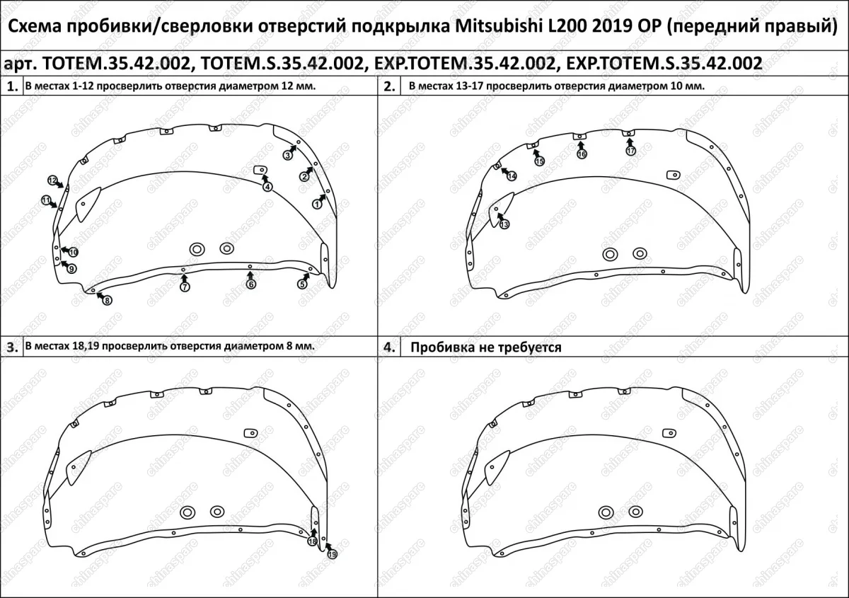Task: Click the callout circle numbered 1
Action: point(317,204)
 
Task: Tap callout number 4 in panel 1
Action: point(267,187)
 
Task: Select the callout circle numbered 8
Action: point(107,300)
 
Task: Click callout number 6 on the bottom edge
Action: point(250,284)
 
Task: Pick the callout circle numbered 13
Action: point(504,224)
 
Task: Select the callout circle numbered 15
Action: point(539,161)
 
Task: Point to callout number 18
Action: point(311,541)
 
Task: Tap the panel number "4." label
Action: point(389,348)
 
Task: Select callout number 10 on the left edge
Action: point(73,252)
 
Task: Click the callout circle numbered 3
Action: point(288,155)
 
